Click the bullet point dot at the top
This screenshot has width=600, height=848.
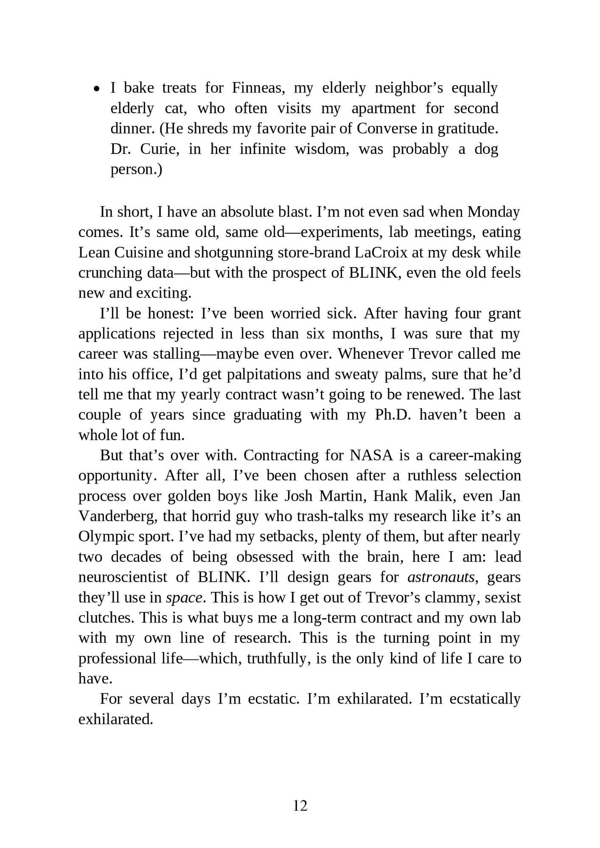point(97,89)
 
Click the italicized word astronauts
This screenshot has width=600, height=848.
point(441,577)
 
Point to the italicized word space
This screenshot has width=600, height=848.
point(184,597)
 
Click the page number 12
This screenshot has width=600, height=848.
point(300,806)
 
